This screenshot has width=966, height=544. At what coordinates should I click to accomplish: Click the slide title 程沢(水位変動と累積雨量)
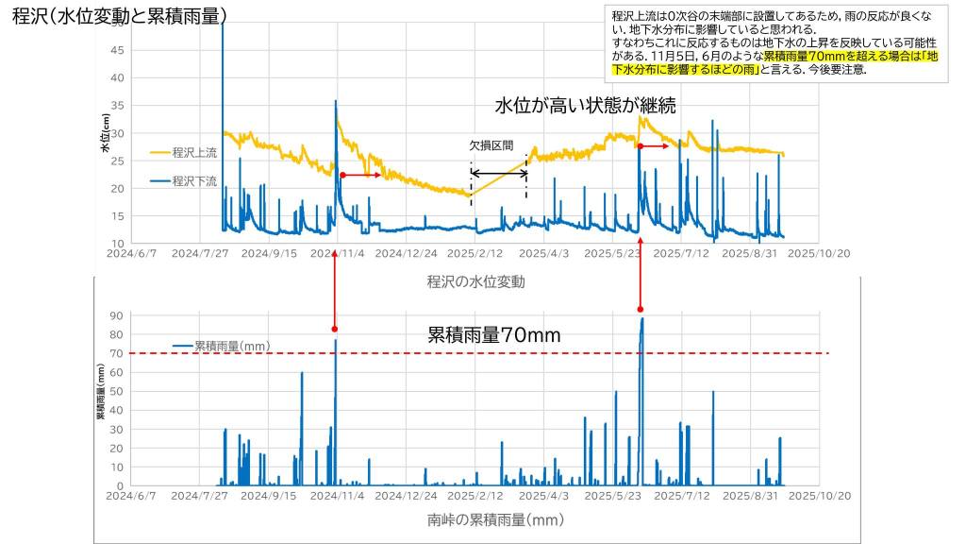tap(120, 16)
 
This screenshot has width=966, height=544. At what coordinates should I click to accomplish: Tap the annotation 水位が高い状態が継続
tap(585, 104)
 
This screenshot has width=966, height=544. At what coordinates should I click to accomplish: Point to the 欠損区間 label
tap(491, 146)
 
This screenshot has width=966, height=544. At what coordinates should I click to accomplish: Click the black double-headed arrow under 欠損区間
tap(499, 173)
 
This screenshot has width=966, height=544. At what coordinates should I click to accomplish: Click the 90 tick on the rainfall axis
tap(117, 315)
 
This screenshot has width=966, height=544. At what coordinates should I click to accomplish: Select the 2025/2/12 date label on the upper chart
tap(475, 254)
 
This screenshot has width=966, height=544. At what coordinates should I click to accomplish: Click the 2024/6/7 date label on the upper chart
tap(131, 254)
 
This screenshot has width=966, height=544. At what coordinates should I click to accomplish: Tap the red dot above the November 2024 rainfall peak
tap(334, 329)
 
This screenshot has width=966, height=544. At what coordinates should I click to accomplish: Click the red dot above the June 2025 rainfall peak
tap(641, 309)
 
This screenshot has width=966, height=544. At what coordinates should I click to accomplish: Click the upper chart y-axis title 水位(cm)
tap(106, 133)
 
